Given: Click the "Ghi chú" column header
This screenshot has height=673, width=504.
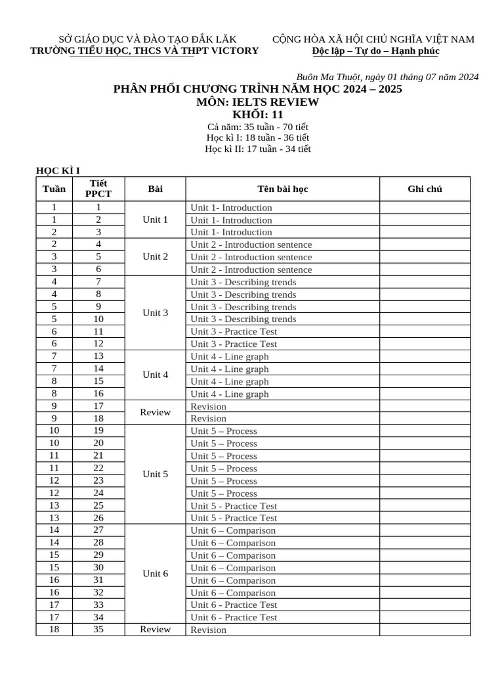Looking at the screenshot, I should click(x=425, y=189).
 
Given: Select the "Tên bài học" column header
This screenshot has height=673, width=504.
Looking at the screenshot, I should click(x=282, y=189).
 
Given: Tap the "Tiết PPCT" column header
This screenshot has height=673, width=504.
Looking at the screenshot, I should click(x=98, y=189).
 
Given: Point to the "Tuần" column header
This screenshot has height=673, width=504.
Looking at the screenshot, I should click(x=54, y=189).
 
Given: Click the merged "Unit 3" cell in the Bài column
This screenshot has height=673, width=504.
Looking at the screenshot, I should click(x=156, y=313).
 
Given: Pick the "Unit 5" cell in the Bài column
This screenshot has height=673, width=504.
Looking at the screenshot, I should click(x=156, y=474).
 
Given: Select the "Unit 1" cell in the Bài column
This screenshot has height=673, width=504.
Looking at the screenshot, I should click(x=156, y=220).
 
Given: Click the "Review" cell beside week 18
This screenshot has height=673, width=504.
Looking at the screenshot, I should click(x=156, y=629).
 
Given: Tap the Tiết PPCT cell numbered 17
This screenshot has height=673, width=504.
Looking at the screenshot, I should click(x=98, y=406).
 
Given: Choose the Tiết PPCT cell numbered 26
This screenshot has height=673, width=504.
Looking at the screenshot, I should click(x=98, y=518).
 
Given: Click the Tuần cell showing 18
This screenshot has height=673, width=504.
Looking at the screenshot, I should click(x=54, y=629).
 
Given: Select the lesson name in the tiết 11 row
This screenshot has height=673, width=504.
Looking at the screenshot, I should click(x=234, y=332).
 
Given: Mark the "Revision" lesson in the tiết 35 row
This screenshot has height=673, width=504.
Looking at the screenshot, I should click(x=208, y=630).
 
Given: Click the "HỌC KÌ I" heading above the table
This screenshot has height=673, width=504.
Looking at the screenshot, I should click(x=58, y=171).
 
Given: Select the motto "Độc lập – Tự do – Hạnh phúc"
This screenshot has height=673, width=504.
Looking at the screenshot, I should click(x=375, y=51).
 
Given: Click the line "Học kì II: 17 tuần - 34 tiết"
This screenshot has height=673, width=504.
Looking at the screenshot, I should click(x=258, y=149).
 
